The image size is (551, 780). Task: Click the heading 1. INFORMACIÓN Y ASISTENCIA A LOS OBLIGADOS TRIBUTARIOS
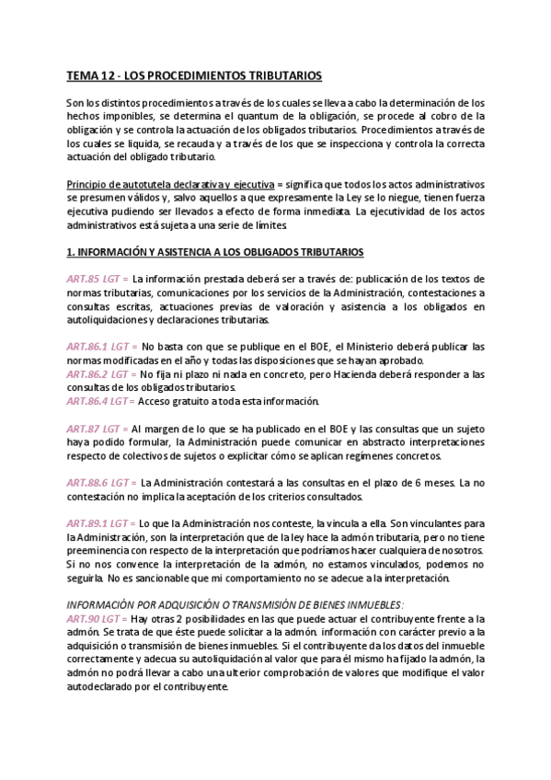pyautogui.click(x=215, y=251)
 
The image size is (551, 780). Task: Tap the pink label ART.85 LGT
pyautogui.click(x=97, y=279)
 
